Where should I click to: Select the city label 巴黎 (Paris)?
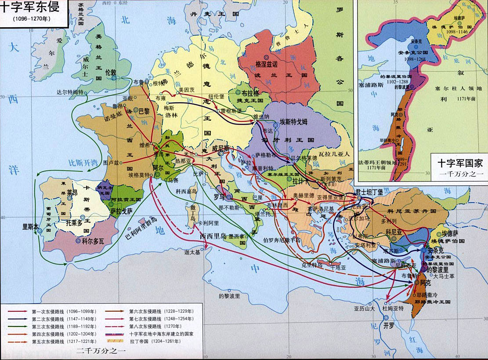144,112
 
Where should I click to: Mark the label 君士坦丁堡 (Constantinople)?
369,192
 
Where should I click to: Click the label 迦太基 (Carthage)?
192,252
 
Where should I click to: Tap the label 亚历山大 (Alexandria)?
364,309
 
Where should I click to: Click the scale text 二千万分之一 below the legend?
101,351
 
